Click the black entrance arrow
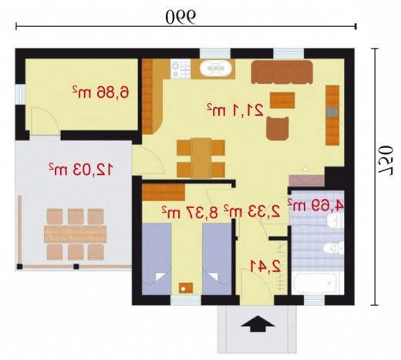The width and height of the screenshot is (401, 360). coord(258,324)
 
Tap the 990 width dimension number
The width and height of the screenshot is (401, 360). coord(180,17)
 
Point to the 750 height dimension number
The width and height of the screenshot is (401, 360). coord(386,160)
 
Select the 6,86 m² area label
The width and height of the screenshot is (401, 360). coord(100,92)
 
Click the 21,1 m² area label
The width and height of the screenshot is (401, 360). coord(235,109)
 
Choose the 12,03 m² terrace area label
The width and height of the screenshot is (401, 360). coord(81,169)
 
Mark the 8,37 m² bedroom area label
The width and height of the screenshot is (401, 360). coord(190,212)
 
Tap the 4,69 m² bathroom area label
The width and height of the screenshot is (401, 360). coord(315,204)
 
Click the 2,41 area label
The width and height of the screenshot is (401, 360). coord(265,266)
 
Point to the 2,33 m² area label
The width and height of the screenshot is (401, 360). coord(252,210)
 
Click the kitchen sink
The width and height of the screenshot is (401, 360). coord(216,69)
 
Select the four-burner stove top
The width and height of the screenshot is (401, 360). coord(180,69)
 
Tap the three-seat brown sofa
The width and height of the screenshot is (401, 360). coord(282,72)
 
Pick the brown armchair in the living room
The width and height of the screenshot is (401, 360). coord(278,128)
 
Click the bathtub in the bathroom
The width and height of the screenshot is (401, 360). coord(315,283)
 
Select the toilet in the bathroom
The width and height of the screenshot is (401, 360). coord(333,248)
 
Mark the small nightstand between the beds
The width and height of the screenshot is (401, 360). coord(186,288)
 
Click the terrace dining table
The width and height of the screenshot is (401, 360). coord(75,234)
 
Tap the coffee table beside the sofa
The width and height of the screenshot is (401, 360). coord(282,100)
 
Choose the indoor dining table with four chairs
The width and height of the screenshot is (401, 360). coord(201,158)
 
